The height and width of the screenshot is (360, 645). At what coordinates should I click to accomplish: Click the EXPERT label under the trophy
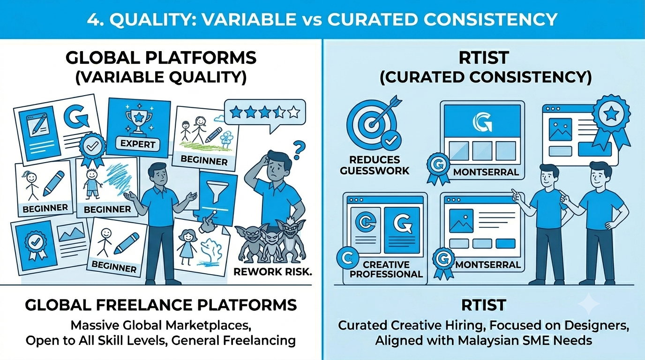coord(138,144)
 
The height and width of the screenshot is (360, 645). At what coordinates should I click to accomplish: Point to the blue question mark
coord(299,150)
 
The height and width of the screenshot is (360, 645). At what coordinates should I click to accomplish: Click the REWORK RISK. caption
coord(273,271)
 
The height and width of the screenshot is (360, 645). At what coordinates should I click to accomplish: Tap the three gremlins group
coord(270,240)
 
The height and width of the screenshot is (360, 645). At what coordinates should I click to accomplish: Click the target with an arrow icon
coord(374,122)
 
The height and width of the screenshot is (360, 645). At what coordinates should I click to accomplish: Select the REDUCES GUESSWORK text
coord(375,165)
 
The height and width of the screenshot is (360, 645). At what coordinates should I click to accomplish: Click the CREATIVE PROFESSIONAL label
coord(386,269)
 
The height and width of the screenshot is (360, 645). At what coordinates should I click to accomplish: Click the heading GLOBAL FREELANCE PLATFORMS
coord(161,305)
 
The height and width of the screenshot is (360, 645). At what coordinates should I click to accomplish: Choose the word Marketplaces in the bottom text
coord(209,326)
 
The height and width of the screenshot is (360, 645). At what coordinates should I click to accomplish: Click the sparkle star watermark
coord(589,304)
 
